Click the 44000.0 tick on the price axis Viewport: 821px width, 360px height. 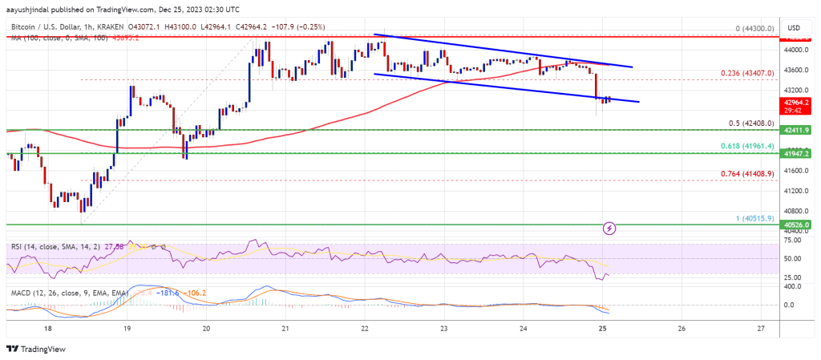(797, 50)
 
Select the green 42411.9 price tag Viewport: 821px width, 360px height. (799, 129)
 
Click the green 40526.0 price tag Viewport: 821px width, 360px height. (799, 226)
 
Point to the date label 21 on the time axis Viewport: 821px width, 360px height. (285, 329)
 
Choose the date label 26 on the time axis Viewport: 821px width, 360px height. (681, 329)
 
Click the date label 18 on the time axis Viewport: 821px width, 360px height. (48, 329)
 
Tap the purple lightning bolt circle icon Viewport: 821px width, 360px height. (609, 229)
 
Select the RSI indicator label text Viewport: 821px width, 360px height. (16, 245)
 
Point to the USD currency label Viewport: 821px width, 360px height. (795, 27)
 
